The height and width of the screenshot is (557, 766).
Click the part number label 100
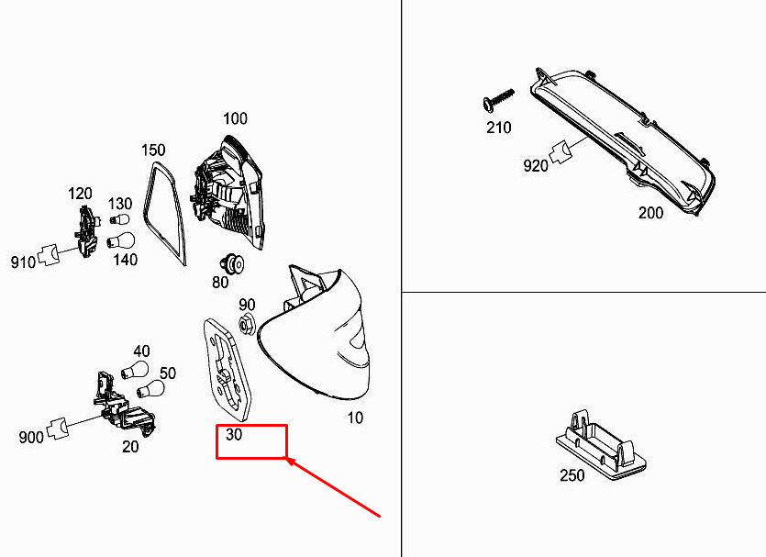(235, 118)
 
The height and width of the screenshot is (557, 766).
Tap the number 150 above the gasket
(153, 150)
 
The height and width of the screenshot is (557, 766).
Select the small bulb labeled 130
(119, 218)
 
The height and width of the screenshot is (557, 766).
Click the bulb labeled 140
(121, 241)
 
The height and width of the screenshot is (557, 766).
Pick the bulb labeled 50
(150, 389)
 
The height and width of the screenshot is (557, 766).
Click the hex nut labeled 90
(246, 324)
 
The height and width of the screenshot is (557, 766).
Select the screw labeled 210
(498, 99)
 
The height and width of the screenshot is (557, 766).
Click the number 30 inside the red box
(234, 434)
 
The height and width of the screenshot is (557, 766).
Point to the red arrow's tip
(286, 458)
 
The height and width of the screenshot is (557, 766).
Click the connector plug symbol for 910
(49, 254)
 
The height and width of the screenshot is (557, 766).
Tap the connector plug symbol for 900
(57, 429)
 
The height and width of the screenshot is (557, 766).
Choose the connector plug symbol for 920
(561, 152)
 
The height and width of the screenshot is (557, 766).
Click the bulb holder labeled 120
(87, 231)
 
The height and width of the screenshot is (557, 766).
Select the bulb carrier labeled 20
(124, 403)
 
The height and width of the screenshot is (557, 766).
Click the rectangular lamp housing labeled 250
(601, 445)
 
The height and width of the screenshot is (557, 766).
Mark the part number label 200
(650, 213)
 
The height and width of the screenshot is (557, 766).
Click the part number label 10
(355, 418)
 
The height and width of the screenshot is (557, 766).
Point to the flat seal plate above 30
(228, 370)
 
